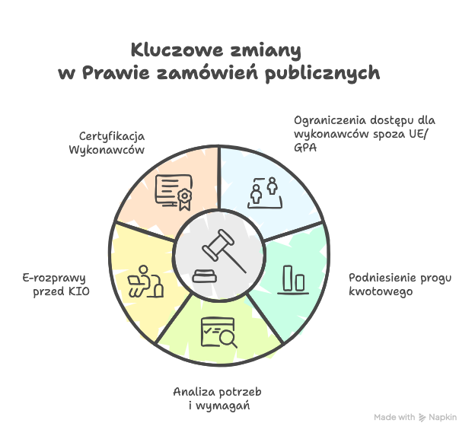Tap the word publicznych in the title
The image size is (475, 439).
pos(323,74)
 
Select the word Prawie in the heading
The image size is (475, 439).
pos(116,73)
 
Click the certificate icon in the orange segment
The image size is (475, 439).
pos(174,192)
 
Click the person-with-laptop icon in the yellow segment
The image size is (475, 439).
pos(145,282)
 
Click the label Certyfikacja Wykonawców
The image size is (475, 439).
pos(107,143)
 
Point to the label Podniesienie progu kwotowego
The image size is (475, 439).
pos(400,285)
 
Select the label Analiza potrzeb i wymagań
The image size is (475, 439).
pos(217,399)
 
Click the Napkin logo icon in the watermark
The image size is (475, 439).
pos(422,418)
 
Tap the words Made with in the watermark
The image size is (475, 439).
pos(394,417)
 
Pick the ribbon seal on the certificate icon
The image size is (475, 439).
pos(184,199)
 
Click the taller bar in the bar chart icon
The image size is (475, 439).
pos(288,278)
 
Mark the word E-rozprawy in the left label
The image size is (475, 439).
pos(54,278)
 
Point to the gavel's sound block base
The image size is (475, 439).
pos(205,276)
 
